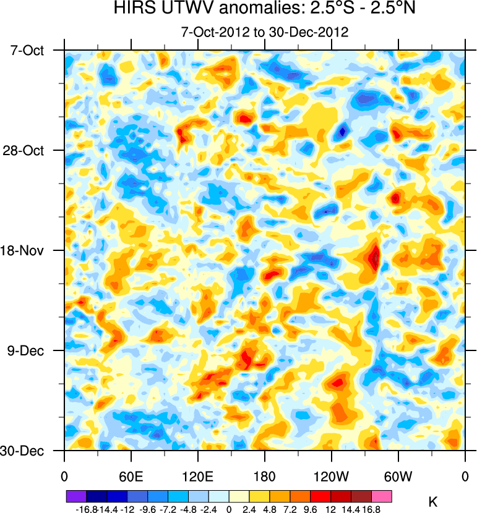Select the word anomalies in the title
point(239,9)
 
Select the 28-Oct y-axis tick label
point(28,150)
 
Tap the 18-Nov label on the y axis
point(28,250)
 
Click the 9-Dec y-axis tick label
point(29,350)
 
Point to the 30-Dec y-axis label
point(28,451)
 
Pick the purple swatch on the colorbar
point(76,496)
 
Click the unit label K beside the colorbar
point(433,502)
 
